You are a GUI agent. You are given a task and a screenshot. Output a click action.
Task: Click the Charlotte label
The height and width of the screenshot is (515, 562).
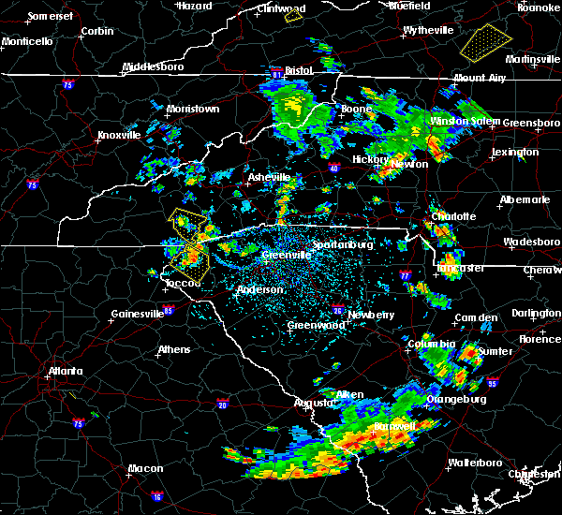(x=453, y=216)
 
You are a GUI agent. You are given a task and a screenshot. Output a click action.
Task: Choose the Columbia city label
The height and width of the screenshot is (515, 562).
(x=429, y=344)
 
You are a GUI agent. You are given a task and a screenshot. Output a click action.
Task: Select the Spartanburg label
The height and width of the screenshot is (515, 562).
(x=343, y=244)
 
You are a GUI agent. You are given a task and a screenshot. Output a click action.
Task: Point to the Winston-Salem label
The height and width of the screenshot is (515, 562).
(x=466, y=122)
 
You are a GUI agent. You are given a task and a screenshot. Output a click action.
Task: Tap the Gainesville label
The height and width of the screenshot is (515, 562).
(x=138, y=314)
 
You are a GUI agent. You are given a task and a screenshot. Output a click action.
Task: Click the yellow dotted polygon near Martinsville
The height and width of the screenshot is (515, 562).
(x=486, y=40)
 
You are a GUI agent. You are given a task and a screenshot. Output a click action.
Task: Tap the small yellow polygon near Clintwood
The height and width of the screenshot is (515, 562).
(x=294, y=15)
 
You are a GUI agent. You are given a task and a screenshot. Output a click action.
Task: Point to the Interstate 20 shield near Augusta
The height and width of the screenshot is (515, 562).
(x=222, y=404)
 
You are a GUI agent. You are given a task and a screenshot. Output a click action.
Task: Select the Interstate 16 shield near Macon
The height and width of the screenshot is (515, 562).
(x=156, y=493)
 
